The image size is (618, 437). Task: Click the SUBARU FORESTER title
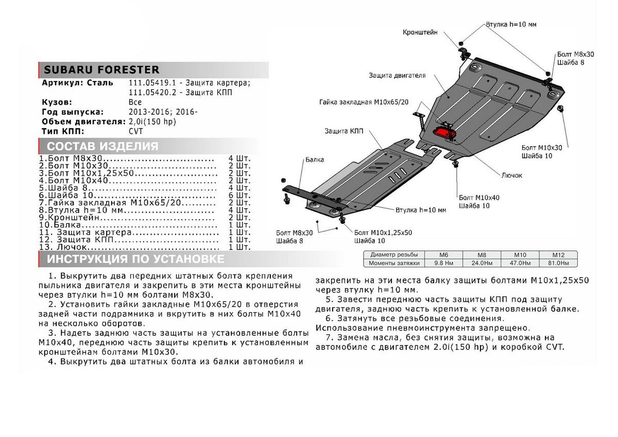(x=101, y=70)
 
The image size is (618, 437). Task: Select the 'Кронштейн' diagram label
(x=420, y=32)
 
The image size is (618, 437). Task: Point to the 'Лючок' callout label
(x=511, y=175)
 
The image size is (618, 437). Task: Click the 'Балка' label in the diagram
(x=314, y=160)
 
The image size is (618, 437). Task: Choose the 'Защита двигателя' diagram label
(x=397, y=75)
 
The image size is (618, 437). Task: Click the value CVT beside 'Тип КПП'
(x=136, y=131)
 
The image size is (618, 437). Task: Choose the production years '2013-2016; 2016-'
(x=162, y=112)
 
